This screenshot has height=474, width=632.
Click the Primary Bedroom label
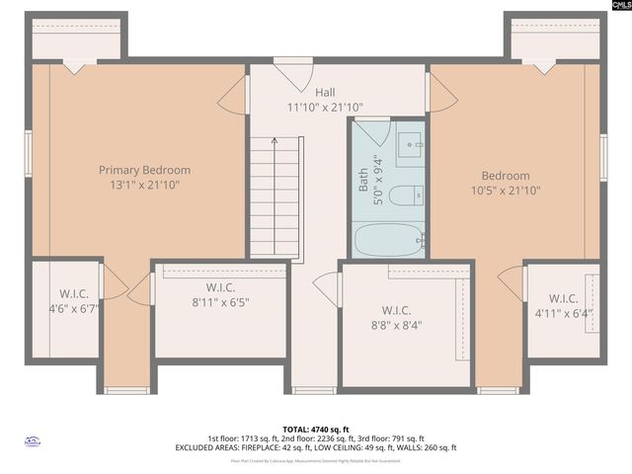tap(144, 170)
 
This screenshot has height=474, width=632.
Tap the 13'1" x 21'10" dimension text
tap(144, 185)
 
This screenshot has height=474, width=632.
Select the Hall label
tap(297, 93)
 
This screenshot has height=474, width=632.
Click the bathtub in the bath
tap(388, 239)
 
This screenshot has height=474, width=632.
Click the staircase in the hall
tap(276, 197)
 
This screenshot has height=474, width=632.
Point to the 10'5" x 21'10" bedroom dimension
tap(505, 191)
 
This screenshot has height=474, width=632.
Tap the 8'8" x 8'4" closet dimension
tap(404, 323)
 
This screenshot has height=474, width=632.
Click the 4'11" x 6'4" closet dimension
tap(563, 313)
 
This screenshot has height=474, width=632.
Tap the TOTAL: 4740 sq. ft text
tap(315, 430)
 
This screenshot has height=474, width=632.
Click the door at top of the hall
tap(293, 75)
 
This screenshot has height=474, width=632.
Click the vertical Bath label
tap(362, 182)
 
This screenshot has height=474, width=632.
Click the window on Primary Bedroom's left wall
tap(29, 153)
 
